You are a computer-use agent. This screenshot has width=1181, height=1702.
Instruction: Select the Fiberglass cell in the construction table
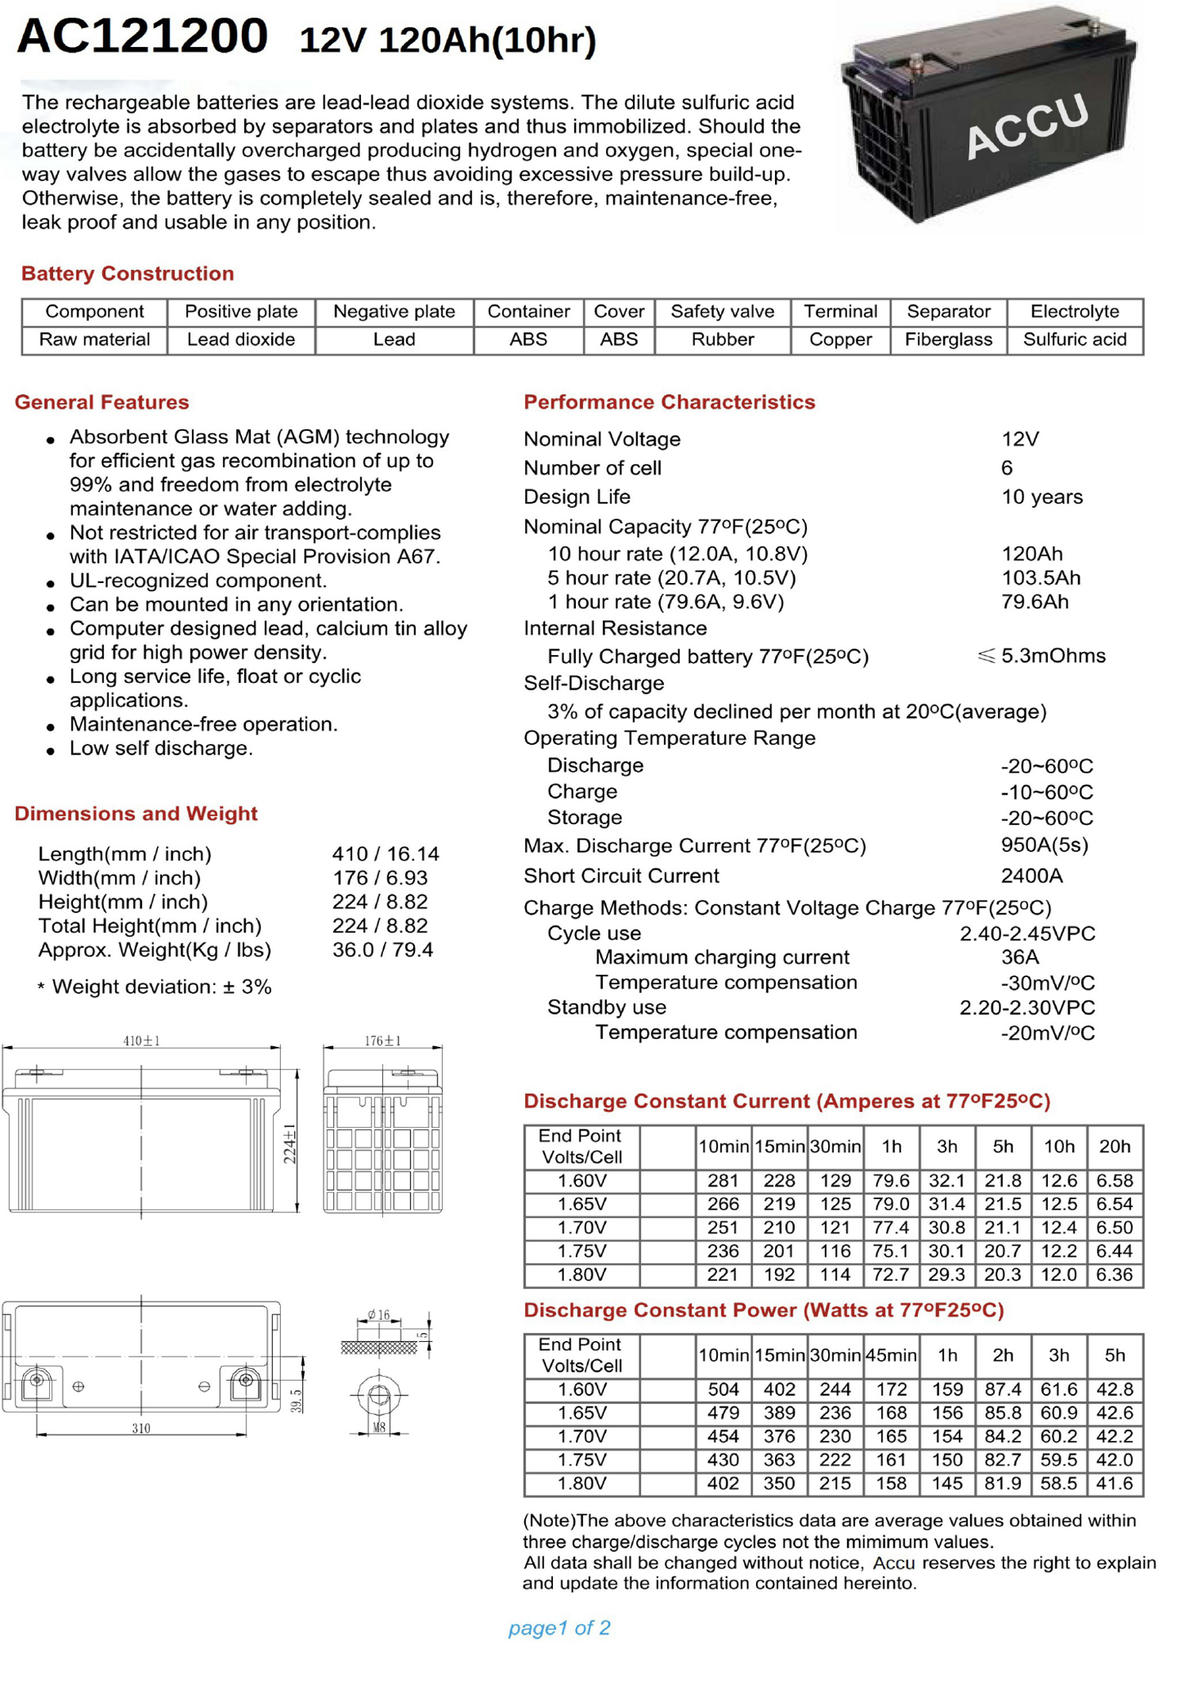(x=948, y=340)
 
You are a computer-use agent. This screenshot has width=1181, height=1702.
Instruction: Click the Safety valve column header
(x=722, y=312)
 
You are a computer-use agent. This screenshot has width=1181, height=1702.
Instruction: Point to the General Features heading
(x=102, y=402)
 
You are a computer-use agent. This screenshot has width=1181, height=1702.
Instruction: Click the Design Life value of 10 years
(x=1041, y=497)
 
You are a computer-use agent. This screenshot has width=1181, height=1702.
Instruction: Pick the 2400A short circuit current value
(x=1032, y=876)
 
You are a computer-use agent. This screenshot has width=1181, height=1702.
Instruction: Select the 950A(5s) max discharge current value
(x=1044, y=845)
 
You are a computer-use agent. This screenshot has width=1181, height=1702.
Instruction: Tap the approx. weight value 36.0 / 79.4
(x=382, y=950)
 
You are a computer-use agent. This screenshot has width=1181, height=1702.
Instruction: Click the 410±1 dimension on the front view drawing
(x=141, y=1041)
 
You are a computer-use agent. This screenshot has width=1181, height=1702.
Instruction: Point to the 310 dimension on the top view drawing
(x=141, y=1429)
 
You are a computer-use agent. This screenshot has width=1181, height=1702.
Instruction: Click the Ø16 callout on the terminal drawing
(x=378, y=1315)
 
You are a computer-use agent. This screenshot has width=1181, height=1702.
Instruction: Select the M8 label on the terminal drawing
(x=379, y=1427)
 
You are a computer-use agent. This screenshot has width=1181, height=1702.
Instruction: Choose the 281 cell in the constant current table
(x=722, y=1181)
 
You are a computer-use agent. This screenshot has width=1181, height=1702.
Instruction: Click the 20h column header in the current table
(x=1114, y=1146)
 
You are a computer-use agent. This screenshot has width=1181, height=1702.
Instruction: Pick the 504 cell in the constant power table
(x=722, y=1389)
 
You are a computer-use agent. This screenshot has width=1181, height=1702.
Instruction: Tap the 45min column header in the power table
(x=891, y=1355)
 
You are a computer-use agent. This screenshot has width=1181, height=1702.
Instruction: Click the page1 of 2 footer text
(x=559, y=1628)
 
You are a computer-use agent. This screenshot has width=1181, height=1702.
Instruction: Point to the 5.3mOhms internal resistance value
(x=1052, y=656)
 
